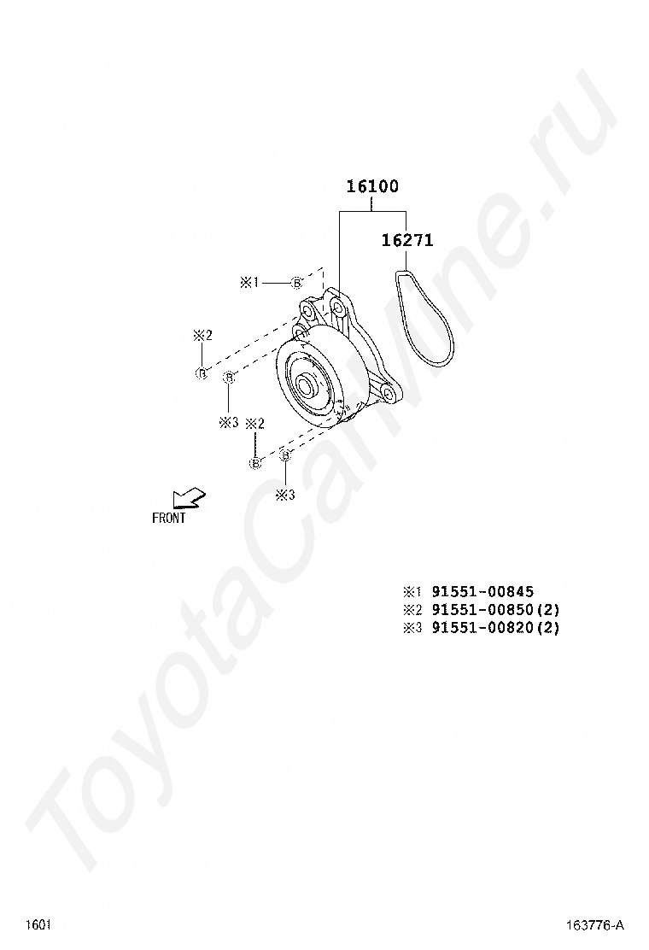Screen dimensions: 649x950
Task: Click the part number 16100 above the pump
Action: tap(372, 186)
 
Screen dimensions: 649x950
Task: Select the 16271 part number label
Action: tap(407, 241)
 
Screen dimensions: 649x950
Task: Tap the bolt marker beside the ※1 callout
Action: tap(296, 282)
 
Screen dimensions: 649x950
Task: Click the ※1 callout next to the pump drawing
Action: tap(249, 282)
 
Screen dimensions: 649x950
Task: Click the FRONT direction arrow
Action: tap(188, 497)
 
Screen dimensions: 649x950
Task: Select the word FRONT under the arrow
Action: tap(169, 518)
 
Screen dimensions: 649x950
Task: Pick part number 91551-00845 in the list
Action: tap(482, 591)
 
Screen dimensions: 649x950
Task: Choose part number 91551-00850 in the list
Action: tap(482, 609)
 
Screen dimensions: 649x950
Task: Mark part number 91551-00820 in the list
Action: tap(482, 628)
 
